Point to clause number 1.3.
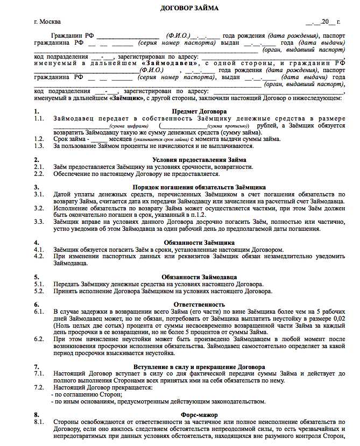pyautogui.click(x=38, y=145)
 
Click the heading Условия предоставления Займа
pyautogui.click(x=199, y=160)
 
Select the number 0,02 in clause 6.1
pyautogui.click(x=338, y=318)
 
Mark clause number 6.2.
pyautogui.click(x=38, y=339)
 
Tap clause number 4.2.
pyautogui.click(x=38, y=257)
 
